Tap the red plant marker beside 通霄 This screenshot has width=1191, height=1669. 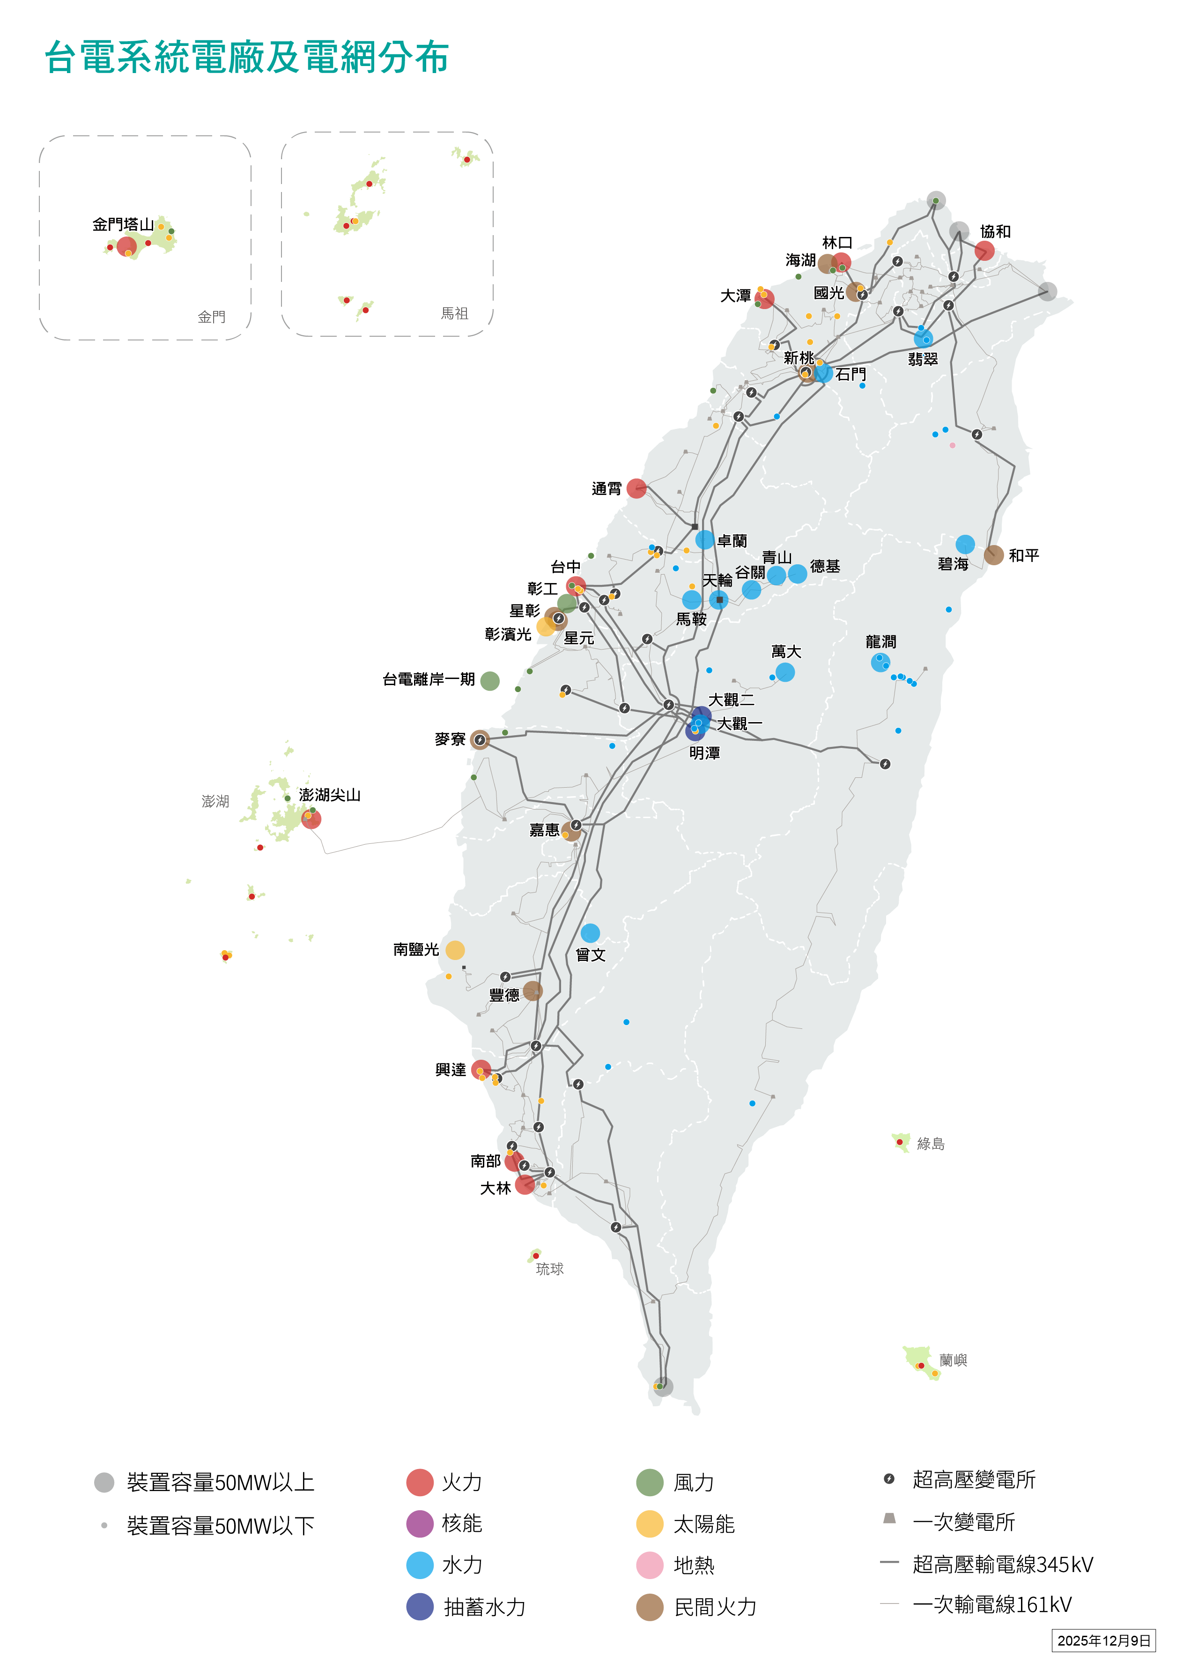(636, 488)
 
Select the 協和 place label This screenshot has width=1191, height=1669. (995, 232)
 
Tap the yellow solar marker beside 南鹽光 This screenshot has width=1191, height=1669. (455, 950)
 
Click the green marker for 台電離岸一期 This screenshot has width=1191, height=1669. (490, 680)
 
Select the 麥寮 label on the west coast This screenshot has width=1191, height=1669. (450, 739)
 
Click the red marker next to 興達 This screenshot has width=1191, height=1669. (481, 1069)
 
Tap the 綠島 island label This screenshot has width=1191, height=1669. (930, 1144)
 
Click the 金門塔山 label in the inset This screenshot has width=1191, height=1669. (123, 224)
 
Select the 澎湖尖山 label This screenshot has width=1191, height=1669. (329, 795)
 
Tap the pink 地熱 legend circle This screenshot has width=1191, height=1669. (649, 1565)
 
